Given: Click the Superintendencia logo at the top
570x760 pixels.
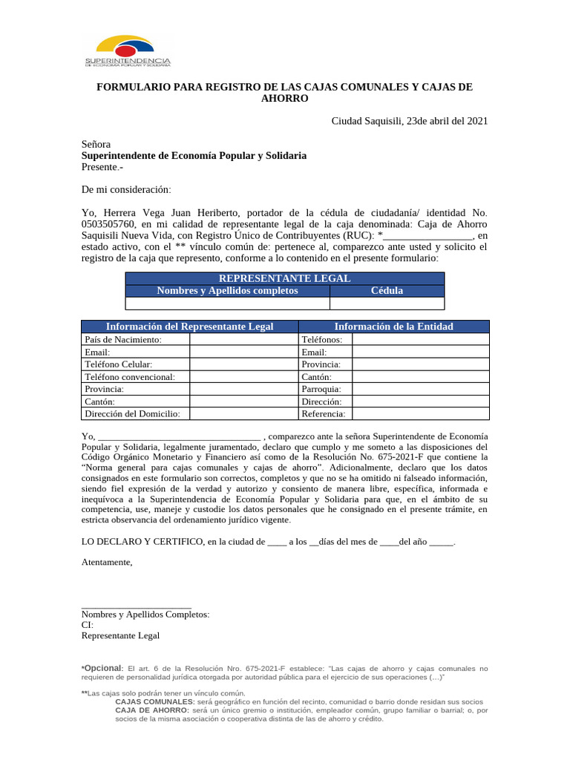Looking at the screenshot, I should click(x=128, y=51).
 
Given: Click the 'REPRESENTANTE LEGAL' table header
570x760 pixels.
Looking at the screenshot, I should click(x=285, y=278).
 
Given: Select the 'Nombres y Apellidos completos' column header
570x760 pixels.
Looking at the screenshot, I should click(x=227, y=291).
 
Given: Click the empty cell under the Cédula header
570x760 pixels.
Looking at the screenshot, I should click(x=387, y=303).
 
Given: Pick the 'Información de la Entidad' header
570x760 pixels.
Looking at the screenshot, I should click(x=393, y=327).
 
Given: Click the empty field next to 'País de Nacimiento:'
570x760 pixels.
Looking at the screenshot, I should click(x=243, y=339).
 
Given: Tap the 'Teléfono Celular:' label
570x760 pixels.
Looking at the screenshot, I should click(x=119, y=364).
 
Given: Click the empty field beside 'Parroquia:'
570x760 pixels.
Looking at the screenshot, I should click(x=420, y=389).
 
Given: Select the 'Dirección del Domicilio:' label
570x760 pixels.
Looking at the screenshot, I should click(x=133, y=414).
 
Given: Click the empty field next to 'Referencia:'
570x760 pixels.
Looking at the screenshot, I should click(x=420, y=414).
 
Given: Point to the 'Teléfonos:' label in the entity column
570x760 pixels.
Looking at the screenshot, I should click(x=322, y=339).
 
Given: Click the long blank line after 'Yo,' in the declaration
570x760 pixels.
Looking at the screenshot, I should click(x=180, y=436).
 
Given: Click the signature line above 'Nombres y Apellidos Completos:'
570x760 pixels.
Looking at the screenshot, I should click(x=137, y=607).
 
